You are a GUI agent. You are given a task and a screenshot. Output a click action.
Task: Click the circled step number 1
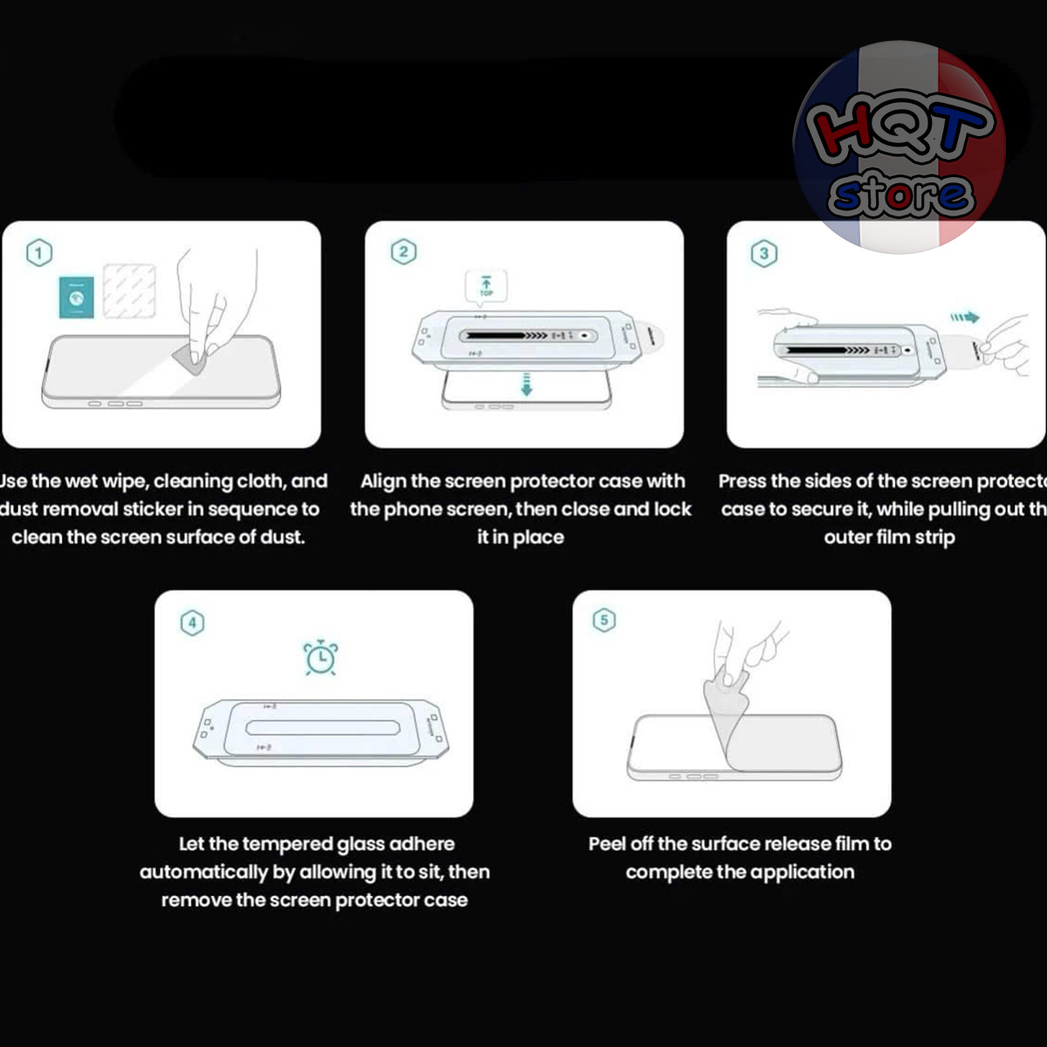(x=39, y=253)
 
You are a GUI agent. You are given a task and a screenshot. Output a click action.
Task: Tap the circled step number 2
(x=402, y=252)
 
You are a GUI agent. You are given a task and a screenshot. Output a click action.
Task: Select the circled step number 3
(x=764, y=253)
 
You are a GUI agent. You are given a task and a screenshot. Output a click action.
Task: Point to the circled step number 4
(x=192, y=622)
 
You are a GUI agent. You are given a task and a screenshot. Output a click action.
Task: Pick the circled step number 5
(x=604, y=620)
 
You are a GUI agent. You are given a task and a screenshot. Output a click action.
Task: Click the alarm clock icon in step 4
(x=320, y=657)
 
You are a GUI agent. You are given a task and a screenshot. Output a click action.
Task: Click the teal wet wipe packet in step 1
(x=77, y=297)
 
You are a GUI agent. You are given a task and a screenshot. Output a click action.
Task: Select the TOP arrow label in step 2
(x=486, y=285)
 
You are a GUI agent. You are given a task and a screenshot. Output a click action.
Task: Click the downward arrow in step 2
(x=525, y=384)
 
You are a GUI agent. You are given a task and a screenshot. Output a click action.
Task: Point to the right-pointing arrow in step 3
(x=964, y=318)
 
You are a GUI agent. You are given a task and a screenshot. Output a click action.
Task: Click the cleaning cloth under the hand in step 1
(x=194, y=358)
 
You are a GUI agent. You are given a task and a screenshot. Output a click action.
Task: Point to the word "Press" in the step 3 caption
(x=742, y=481)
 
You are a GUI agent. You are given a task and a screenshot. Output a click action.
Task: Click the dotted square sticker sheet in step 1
(x=129, y=291)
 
